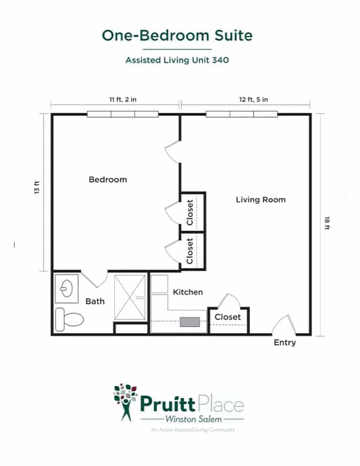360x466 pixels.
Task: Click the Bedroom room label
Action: click(x=108, y=179)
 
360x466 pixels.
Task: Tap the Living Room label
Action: click(x=261, y=199)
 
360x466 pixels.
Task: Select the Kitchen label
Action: click(x=188, y=292)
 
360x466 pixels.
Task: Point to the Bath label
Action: click(x=95, y=301)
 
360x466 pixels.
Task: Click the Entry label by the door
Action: click(x=285, y=342)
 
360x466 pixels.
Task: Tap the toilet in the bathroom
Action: click(x=69, y=319)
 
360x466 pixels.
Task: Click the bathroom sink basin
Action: click(x=66, y=288)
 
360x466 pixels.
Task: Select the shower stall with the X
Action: click(x=130, y=297)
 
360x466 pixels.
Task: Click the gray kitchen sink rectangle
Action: click(x=189, y=322)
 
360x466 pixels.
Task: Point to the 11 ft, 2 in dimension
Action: click(x=123, y=99)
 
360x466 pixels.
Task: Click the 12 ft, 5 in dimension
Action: click(x=254, y=99)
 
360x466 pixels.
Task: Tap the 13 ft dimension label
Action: click(x=37, y=188)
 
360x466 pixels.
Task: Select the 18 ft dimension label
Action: click(x=327, y=223)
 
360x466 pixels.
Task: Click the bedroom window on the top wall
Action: click(x=123, y=114)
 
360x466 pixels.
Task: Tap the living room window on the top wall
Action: click(x=242, y=114)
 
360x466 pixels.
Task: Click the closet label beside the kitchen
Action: click(x=228, y=317)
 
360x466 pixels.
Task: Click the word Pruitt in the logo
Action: click(x=168, y=404)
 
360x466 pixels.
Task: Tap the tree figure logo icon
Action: click(x=126, y=402)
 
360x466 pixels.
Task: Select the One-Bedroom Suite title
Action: click(x=177, y=35)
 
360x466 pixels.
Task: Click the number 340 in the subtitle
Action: click(x=221, y=60)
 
